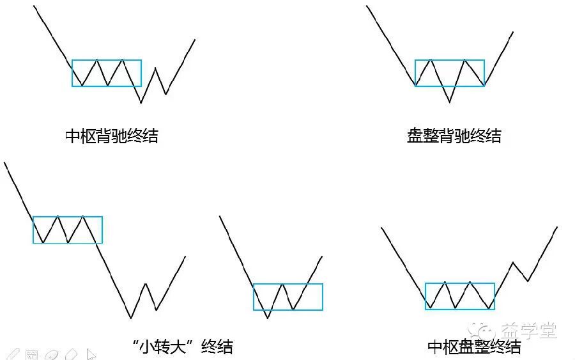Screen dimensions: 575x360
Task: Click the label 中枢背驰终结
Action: [111, 136]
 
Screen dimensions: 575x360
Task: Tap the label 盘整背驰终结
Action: [454, 136]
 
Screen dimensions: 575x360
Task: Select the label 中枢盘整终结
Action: [474, 347]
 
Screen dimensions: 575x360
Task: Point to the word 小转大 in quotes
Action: [162, 347]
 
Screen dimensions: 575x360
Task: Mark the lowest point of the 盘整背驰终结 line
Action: [450, 102]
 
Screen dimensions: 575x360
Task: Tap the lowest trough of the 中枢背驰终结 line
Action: [141, 102]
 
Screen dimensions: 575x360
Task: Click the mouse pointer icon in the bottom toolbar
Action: [91, 354]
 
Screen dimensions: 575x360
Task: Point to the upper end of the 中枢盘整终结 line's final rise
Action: [557, 227]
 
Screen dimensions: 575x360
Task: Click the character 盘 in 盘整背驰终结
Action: [415, 136]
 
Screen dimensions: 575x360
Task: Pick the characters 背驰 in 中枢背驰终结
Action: [111, 136]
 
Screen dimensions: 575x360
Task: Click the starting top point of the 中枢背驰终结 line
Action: [34, 6]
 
